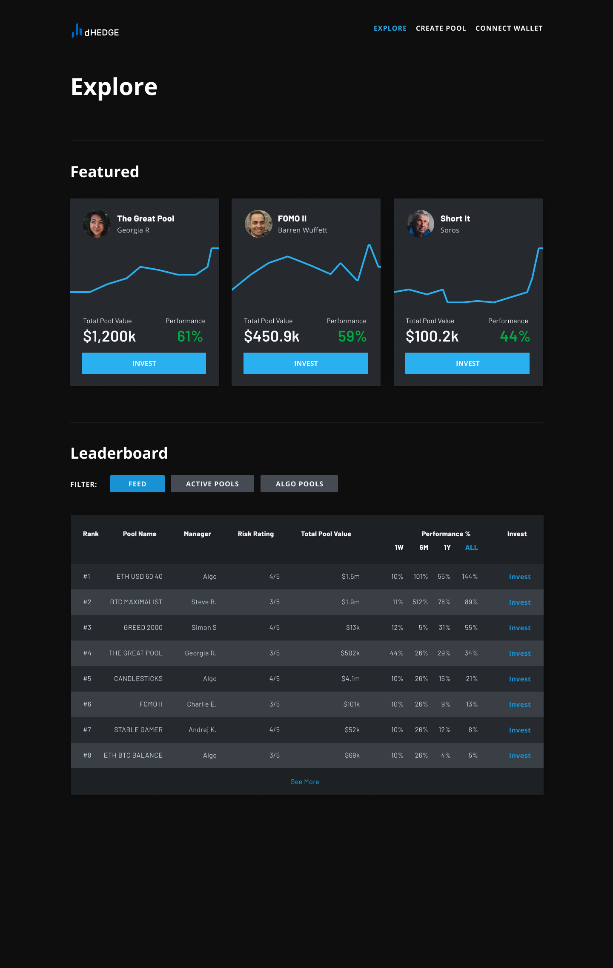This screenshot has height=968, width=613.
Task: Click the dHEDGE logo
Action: point(95,31)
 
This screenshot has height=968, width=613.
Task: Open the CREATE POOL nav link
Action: point(441,29)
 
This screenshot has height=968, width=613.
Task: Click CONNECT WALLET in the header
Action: point(509,29)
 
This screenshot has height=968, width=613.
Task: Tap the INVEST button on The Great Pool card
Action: point(144,363)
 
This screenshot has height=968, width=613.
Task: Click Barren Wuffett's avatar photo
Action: point(258,224)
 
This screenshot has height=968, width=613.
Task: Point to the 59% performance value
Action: point(352,336)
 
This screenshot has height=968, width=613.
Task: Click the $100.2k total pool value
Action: point(432,336)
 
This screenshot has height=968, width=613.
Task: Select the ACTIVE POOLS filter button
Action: point(212,484)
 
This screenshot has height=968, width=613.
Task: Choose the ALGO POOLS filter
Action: point(299,484)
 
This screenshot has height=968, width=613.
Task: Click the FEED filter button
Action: point(137,484)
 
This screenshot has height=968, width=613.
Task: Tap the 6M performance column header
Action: point(424,548)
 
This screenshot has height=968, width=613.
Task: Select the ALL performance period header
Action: point(471,548)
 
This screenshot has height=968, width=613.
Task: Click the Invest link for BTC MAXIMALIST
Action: point(520,602)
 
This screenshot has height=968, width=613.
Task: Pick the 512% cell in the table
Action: point(420,602)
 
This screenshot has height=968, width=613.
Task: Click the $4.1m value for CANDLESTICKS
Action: point(350,679)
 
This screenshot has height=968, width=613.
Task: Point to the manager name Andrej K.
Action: point(203,730)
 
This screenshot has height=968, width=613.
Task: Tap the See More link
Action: point(305,782)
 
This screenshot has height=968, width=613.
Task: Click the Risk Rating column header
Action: point(256,534)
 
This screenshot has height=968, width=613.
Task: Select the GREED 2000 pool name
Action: point(143,628)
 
